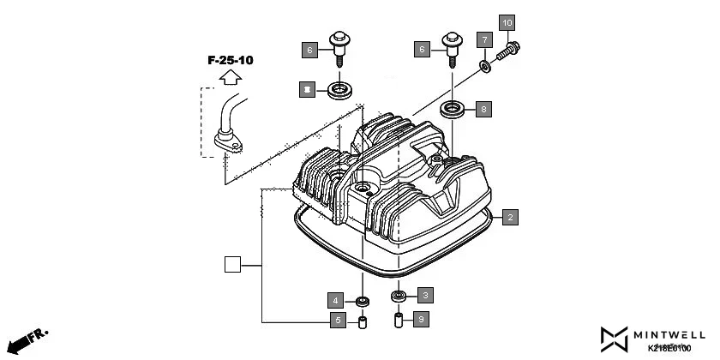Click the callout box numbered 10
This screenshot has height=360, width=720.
tap(507, 21)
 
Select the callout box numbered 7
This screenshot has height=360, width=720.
tap(484, 40)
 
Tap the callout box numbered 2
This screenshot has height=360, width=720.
tap(509, 217)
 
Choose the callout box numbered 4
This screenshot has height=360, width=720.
tap(337, 300)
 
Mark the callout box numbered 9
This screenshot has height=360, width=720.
tap(420, 319)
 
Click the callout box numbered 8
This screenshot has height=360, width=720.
tap(483, 109)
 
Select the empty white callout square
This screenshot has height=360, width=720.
tap(232, 265)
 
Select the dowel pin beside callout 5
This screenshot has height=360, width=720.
tap(362, 324)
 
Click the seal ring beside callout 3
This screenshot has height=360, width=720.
tap(398, 297)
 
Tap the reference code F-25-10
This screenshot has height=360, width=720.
tap(230, 60)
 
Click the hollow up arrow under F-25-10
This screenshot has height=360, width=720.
tap(229, 77)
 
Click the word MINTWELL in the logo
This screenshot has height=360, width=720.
tap(671, 333)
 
